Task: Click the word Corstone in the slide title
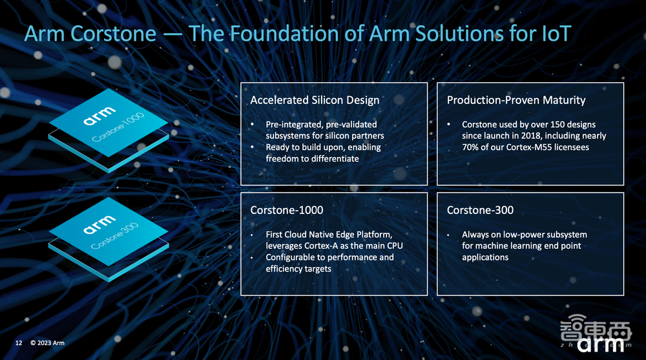pyautogui.click(x=113, y=34)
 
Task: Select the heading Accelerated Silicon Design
pyautogui.click(x=315, y=100)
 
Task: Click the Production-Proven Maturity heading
pyautogui.click(x=516, y=100)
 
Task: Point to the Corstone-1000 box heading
pyautogui.click(x=287, y=210)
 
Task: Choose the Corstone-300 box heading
pyautogui.click(x=480, y=210)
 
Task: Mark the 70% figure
pyautogui.click(x=470, y=147)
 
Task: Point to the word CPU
pyautogui.click(x=394, y=246)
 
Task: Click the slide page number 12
pyautogui.click(x=19, y=343)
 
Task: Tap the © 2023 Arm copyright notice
pyautogui.click(x=47, y=343)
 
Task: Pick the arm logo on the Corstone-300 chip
pyautogui.click(x=99, y=224)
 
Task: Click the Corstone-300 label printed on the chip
pyautogui.click(x=114, y=236)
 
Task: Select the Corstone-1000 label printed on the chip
pyautogui.click(x=118, y=127)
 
